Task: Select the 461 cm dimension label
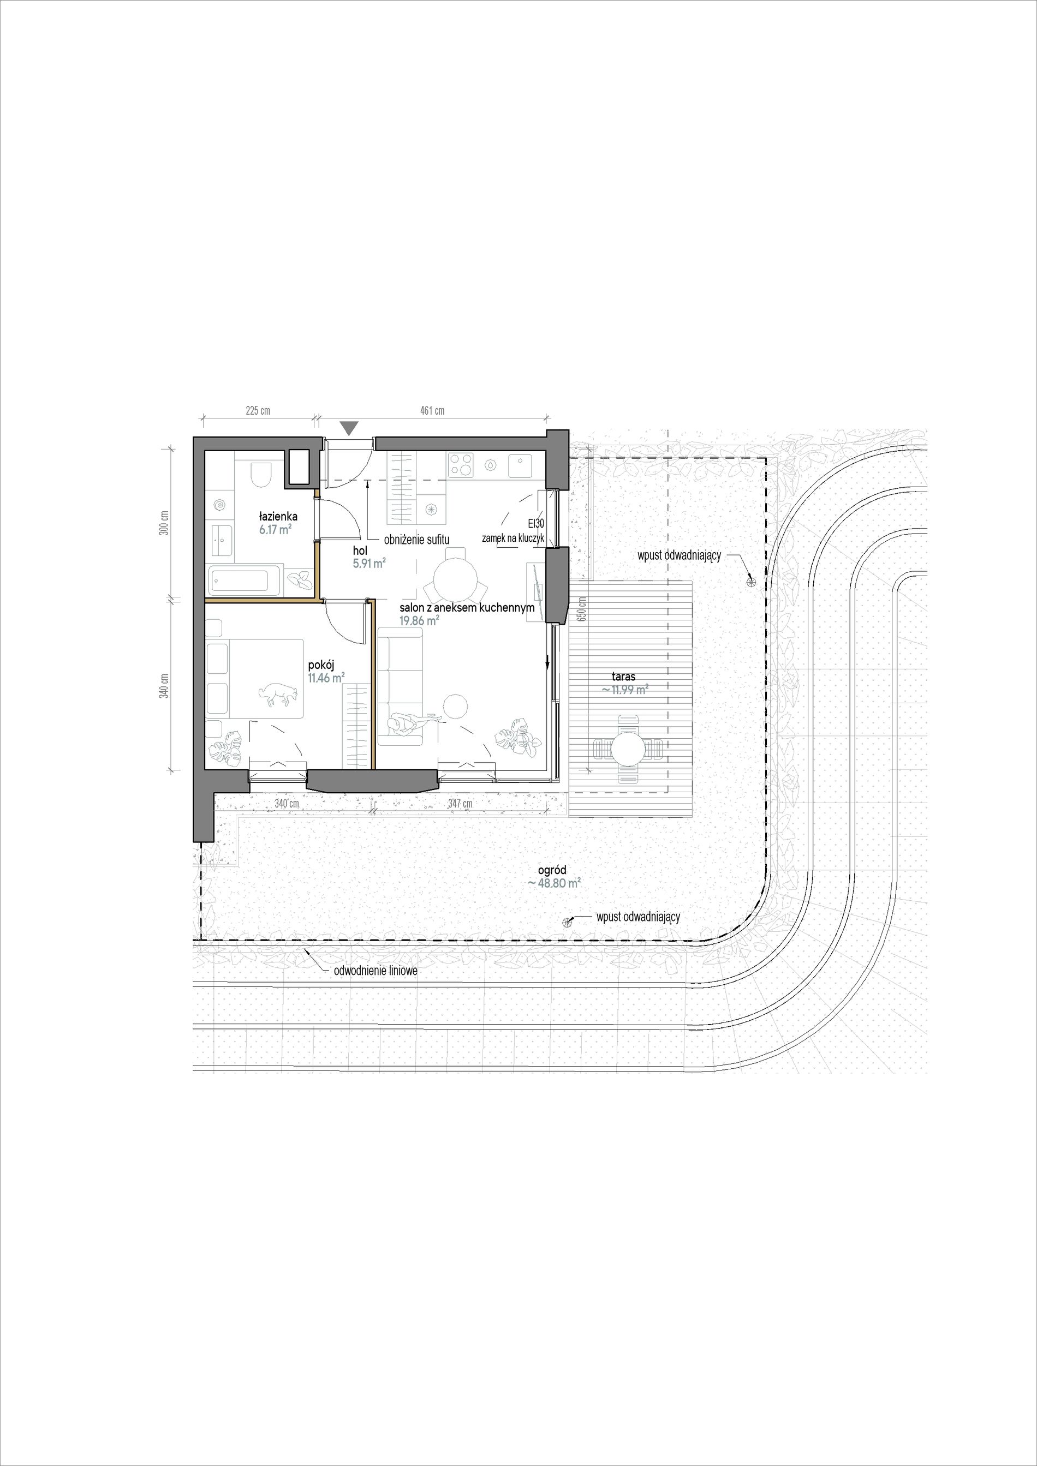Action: pyautogui.click(x=432, y=411)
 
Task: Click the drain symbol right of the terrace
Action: pyautogui.click(x=751, y=581)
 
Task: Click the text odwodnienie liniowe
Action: pyautogui.click(x=376, y=971)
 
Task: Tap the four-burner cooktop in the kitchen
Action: pyautogui.click(x=461, y=465)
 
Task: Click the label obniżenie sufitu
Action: pyautogui.click(x=417, y=540)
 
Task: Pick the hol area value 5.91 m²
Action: pyautogui.click(x=369, y=563)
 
